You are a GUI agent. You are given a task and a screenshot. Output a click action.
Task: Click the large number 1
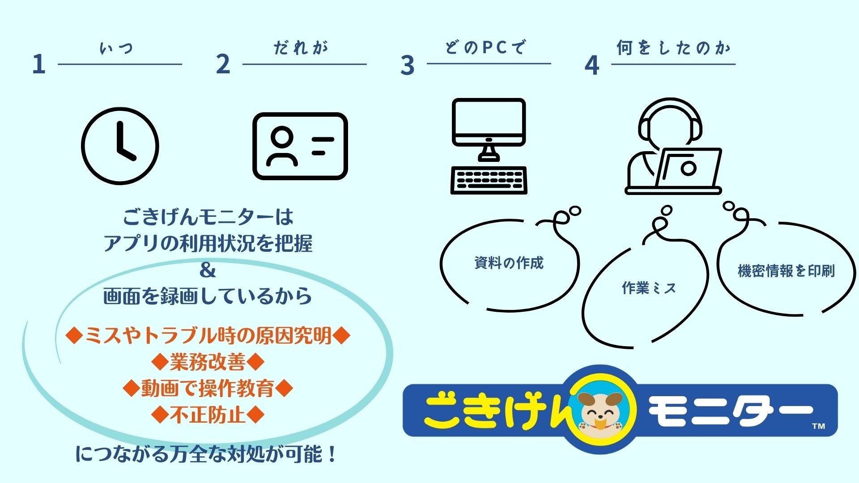[x=39, y=64]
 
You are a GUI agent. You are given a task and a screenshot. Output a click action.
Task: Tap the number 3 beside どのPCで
[x=407, y=65]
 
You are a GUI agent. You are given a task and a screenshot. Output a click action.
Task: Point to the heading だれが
[x=301, y=48]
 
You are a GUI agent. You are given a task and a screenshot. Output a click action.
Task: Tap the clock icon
[x=120, y=146]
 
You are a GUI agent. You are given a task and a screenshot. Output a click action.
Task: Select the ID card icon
[x=300, y=146]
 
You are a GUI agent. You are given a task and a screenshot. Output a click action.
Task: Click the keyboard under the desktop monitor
[x=489, y=180]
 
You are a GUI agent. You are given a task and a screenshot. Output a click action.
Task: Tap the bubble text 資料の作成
[x=509, y=263]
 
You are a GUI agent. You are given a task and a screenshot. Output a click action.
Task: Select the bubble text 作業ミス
[x=648, y=288]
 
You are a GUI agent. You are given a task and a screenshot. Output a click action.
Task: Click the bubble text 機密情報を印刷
[x=786, y=271]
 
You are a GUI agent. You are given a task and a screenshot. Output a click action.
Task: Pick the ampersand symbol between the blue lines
[x=207, y=270]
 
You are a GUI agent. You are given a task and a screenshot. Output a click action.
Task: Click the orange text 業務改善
[x=208, y=362]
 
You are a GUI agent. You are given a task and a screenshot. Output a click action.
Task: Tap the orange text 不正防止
[x=208, y=415]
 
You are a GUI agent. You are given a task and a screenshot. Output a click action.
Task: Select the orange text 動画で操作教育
[x=208, y=388]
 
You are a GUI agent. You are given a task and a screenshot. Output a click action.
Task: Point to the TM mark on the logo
[x=818, y=426]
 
